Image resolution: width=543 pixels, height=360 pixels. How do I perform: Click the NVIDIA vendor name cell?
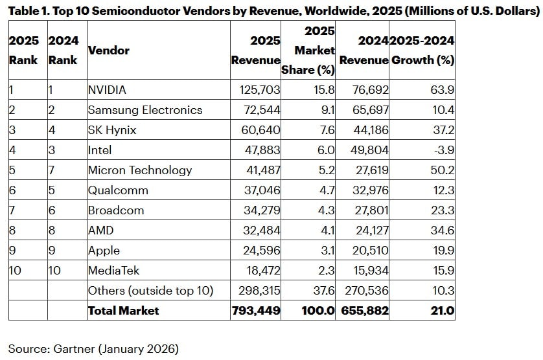coord(107,90)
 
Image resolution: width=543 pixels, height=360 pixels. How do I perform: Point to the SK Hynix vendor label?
coord(112,130)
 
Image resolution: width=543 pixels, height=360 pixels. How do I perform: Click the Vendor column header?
coord(109,51)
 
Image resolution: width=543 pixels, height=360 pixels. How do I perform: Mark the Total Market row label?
coord(124,311)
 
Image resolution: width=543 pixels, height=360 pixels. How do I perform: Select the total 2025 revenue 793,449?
coord(256,311)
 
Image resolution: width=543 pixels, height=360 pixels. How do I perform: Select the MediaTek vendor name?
coord(113,271)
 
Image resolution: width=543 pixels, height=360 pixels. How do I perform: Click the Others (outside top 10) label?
coord(150,291)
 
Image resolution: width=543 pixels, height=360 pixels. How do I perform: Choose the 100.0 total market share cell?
coord(318,311)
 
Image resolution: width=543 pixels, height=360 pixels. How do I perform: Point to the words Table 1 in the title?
coord(29,10)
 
